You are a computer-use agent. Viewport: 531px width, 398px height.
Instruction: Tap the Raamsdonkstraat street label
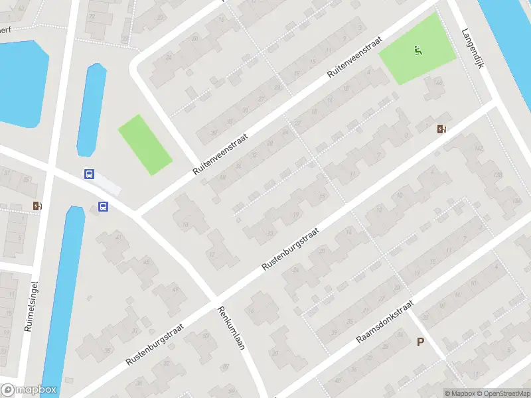(x=385, y=322)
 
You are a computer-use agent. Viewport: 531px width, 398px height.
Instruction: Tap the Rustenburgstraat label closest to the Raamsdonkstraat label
(x=291, y=249)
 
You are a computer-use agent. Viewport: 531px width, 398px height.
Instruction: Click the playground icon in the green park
(x=417, y=50)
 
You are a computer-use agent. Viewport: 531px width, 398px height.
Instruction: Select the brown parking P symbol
(x=419, y=342)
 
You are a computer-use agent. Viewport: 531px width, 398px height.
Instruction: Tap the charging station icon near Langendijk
(x=441, y=129)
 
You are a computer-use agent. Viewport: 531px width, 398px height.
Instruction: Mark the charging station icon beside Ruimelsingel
(x=37, y=206)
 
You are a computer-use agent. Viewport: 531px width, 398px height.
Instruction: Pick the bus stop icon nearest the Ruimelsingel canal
(x=103, y=206)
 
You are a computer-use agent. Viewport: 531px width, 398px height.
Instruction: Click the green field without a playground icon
(x=145, y=145)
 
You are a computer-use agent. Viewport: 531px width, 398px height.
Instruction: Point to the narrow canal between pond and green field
(x=92, y=109)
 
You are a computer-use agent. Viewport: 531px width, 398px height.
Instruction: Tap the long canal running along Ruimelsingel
(x=63, y=298)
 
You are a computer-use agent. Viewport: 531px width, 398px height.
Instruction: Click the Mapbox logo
(x=29, y=390)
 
